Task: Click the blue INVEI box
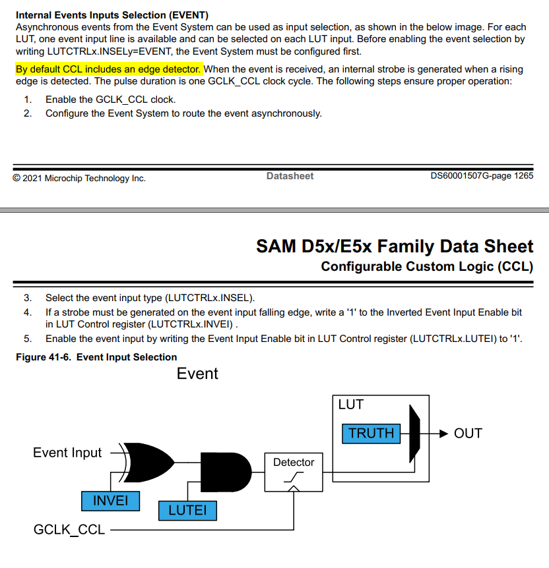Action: pyautogui.click(x=110, y=501)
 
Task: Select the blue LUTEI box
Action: pyautogui.click(x=187, y=510)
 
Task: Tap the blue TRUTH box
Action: pyautogui.click(x=371, y=433)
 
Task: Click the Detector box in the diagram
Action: pyautogui.click(x=294, y=472)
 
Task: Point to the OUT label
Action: pyautogui.click(x=468, y=434)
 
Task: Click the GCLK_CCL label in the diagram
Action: pyautogui.click(x=69, y=529)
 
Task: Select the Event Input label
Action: pyautogui.click(x=67, y=453)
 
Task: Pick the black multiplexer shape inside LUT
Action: pyautogui.click(x=414, y=434)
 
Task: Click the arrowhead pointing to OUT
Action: pyautogui.click(x=443, y=434)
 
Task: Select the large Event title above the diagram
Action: pyautogui.click(x=197, y=374)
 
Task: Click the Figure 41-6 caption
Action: pyautogui.click(x=96, y=357)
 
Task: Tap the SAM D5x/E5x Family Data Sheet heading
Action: pyautogui.click(x=395, y=246)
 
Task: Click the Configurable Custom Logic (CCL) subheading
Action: pyautogui.click(x=427, y=267)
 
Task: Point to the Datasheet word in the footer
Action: pyautogui.click(x=290, y=176)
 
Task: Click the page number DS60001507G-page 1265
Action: pyautogui.click(x=482, y=176)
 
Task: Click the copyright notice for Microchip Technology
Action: pyautogui.click(x=79, y=179)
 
